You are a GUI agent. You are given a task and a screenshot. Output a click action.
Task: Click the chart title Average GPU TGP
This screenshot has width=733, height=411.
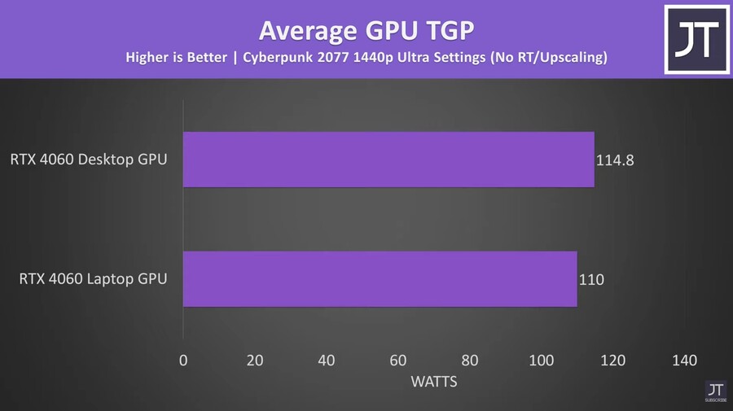pyautogui.click(x=366, y=30)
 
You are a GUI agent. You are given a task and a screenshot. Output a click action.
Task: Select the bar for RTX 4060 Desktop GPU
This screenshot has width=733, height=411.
pyautogui.click(x=388, y=160)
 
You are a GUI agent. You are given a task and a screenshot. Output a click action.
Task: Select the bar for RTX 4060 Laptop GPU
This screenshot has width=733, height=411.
pyautogui.click(x=380, y=279)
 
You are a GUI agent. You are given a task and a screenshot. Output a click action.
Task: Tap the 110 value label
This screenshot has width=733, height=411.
pyautogui.click(x=592, y=280)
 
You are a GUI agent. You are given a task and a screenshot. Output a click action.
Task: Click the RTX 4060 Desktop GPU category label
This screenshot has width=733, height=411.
pyautogui.click(x=89, y=160)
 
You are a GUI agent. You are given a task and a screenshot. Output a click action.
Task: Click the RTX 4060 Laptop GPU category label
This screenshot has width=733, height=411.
pyautogui.click(x=93, y=279)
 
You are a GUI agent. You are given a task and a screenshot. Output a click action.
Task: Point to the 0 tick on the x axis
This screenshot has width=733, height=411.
pyautogui.click(x=183, y=361)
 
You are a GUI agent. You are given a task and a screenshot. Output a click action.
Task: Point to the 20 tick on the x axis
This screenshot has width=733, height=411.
pyautogui.click(x=255, y=361)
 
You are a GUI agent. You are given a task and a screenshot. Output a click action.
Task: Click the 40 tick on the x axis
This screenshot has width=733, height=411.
pyautogui.click(x=327, y=361)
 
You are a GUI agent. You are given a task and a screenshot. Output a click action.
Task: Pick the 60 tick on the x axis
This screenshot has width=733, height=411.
pyautogui.click(x=398, y=361)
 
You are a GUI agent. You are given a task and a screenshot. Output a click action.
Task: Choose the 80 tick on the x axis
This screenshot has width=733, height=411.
pyautogui.click(x=470, y=361)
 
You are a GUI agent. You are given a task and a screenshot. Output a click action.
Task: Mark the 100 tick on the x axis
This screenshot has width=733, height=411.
pyautogui.click(x=542, y=361)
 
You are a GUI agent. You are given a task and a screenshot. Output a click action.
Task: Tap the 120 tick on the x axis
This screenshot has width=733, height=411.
pyautogui.click(x=613, y=361)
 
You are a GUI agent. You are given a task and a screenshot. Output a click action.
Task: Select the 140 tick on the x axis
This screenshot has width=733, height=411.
pyautogui.click(x=685, y=361)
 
